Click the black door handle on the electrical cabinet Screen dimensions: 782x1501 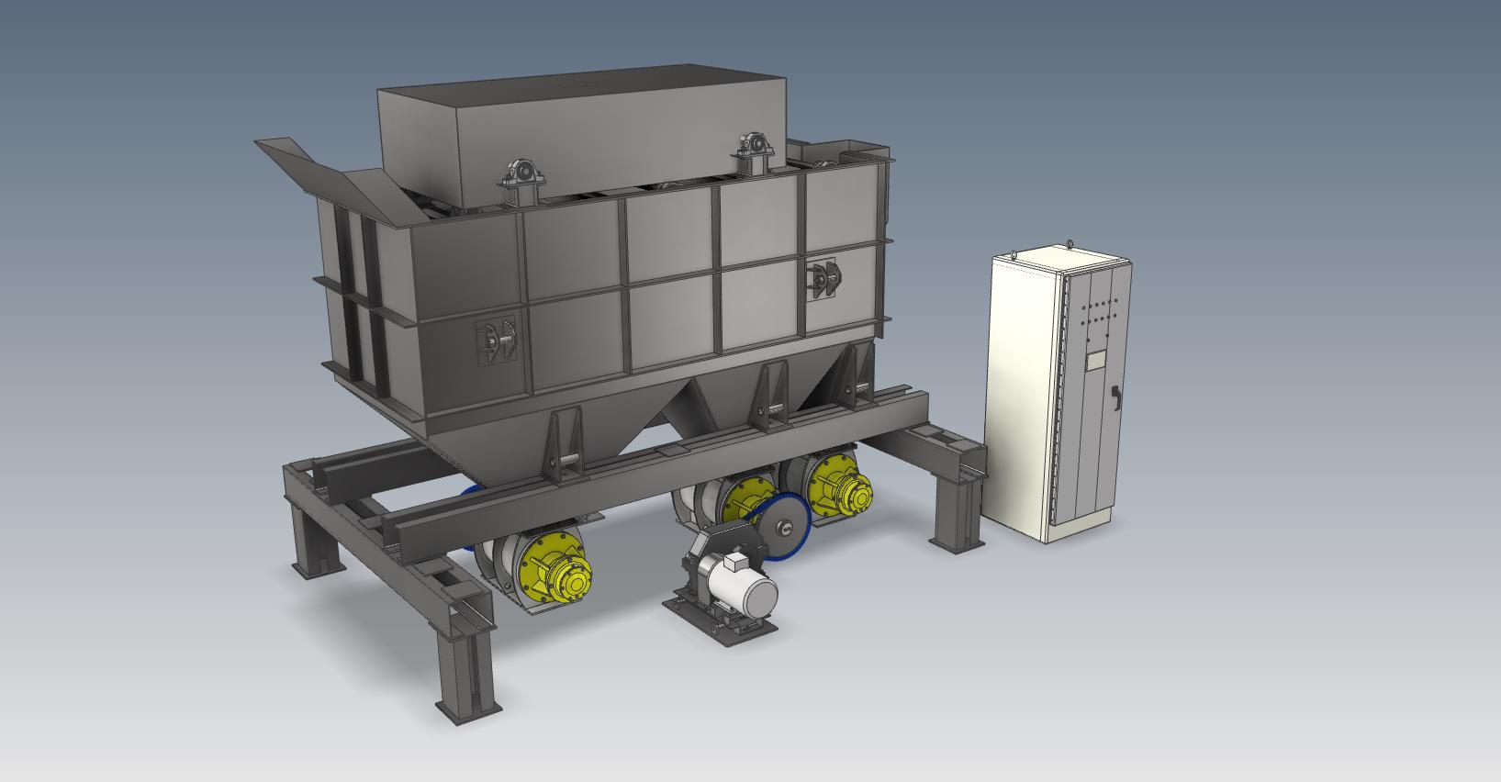(1116, 395)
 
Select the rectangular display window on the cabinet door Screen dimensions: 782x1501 (1095, 361)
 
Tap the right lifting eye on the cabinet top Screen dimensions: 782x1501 (1070, 244)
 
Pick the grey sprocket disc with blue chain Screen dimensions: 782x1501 (785, 527)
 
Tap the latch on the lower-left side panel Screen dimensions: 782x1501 (496, 341)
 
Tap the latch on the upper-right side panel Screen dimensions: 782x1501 (823, 278)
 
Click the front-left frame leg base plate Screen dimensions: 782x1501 (468, 711)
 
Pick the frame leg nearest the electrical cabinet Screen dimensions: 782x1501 (955, 514)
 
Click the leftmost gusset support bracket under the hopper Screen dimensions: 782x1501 (564, 445)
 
